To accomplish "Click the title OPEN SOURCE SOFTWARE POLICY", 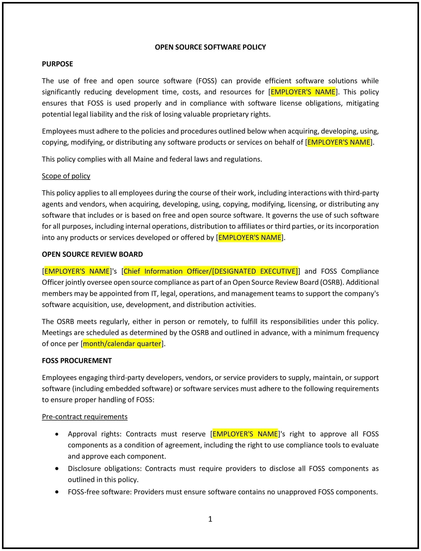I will tap(210, 47).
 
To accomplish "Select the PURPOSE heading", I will tap(57, 64).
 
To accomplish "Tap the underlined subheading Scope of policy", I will tap(66, 176).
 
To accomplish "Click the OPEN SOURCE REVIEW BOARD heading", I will tap(92, 254).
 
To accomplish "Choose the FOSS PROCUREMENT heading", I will tap(77, 361).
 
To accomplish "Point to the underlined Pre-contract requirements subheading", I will tap(84, 417).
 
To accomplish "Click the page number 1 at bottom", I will tap(210, 519).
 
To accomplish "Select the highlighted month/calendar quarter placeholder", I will tap(122, 344).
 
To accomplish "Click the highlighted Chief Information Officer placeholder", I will tap(211, 271).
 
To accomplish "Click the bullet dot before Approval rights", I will tap(57, 434).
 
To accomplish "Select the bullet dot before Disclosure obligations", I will tap(57, 469).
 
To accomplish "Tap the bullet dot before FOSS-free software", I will tap(57, 492).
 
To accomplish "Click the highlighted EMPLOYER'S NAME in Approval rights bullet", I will tap(245, 434).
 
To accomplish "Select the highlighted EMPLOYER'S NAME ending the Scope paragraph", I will tap(250, 237).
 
